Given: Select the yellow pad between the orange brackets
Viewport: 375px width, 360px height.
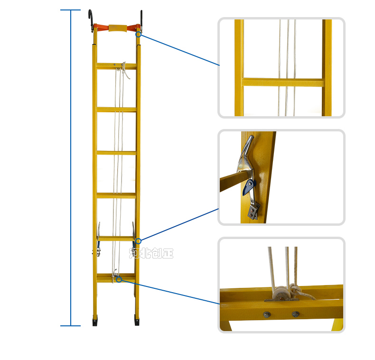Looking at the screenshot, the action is tap(117, 28).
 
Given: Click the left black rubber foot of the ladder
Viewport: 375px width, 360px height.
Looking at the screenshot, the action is tap(95, 320).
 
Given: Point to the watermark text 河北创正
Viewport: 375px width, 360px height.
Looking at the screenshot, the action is tap(151, 253).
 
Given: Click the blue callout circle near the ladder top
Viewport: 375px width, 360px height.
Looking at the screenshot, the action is tap(139, 35).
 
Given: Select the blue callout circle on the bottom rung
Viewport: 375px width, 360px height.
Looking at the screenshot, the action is tap(119, 279).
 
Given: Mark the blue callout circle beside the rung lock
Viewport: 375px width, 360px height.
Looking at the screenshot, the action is tap(138, 241).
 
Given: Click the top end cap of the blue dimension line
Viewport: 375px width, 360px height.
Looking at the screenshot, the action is tap(71, 10).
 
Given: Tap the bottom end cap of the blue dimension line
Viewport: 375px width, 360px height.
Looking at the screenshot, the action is tap(71, 325).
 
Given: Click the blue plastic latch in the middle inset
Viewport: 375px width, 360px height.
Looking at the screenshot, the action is tap(248, 187).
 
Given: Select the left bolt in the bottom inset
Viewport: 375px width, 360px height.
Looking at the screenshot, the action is tap(267, 314).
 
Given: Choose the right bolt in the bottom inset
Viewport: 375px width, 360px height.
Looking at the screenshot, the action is tap(296, 314).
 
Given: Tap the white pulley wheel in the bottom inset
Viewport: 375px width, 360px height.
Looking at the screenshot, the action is tap(281, 293).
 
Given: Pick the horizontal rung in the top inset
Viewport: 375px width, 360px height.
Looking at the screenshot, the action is tap(283, 82).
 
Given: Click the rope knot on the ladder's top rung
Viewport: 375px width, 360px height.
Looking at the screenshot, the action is tap(124, 68).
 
